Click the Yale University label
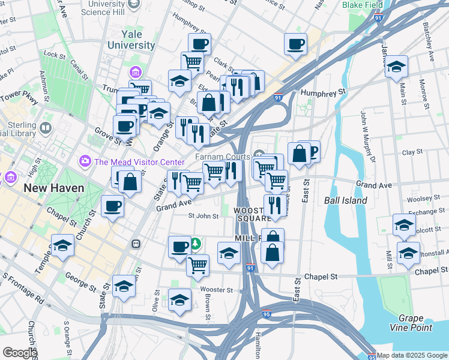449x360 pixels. pos(130,40)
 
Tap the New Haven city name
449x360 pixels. pos(54,188)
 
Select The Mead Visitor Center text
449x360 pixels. pos(139,162)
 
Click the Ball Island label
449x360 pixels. pos(345,200)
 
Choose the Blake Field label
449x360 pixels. pos(362,5)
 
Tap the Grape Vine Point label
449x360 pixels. pos(415,322)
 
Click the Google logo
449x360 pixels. pos(20,353)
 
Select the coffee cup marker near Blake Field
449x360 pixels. pos(296,44)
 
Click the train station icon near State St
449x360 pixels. pos(136,244)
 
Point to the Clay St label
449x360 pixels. pos(412,152)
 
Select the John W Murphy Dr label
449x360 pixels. pos(367,135)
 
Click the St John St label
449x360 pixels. pos(203,216)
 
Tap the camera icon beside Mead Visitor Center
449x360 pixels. pos(85,161)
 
